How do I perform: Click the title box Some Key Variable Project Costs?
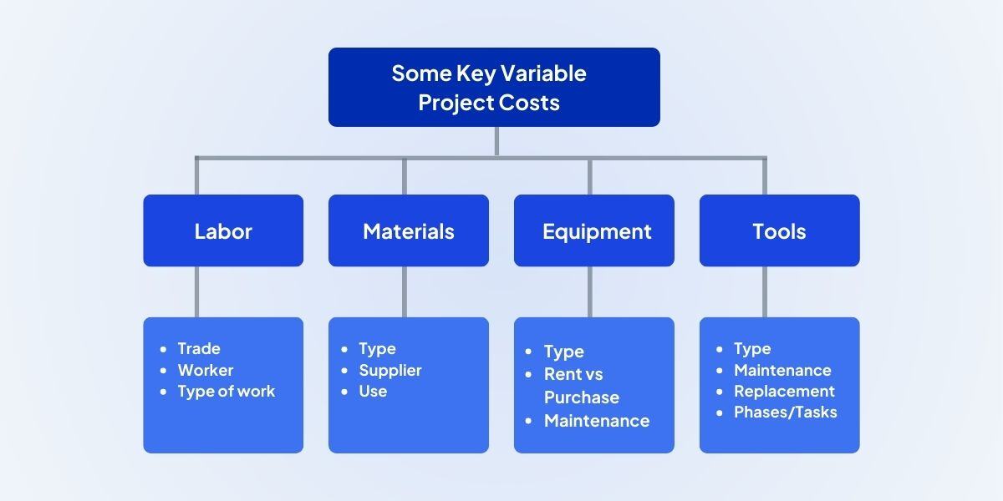(x=494, y=87)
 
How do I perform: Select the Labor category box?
(x=223, y=231)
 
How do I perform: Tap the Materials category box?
(x=408, y=231)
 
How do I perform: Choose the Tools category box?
(x=779, y=231)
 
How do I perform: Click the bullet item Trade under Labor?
(x=199, y=349)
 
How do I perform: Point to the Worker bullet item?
(x=206, y=370)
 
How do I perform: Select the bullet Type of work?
(x=226, y=391)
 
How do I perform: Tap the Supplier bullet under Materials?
(x=390, y=370)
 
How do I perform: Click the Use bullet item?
(x=373, y=391)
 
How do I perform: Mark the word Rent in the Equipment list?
(x=561, y=374)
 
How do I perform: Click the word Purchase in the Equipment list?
(x=582, y=397)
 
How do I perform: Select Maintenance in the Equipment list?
(x=597, y=421)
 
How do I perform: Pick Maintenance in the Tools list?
(x=782, y=370)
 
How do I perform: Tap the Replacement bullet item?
(x=784, y=391)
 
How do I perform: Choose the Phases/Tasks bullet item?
(x=785, y=412)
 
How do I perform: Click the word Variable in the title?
(x=543, y=73)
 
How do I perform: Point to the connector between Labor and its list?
(x=197, y=291)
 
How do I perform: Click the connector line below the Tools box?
(x=764, y=291)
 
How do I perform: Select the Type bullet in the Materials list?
(x=377, y=349)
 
